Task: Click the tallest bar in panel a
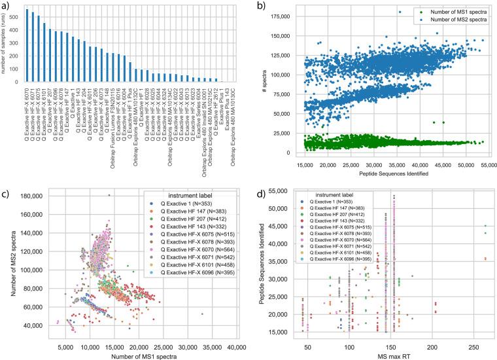click(x=27, y=46)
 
